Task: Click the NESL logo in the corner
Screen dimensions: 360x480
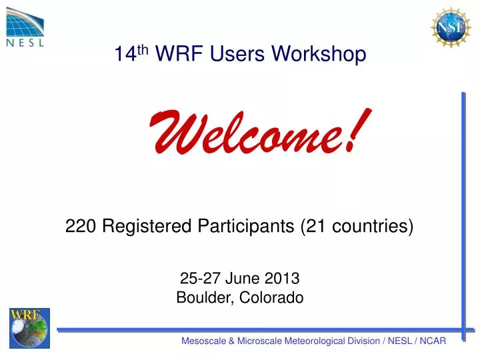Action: tap(26, 25)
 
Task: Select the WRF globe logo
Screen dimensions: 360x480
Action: tap(29, 328)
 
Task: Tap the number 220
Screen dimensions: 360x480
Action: tap(80, 227)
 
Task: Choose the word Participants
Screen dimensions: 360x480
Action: tap(247, 227)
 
